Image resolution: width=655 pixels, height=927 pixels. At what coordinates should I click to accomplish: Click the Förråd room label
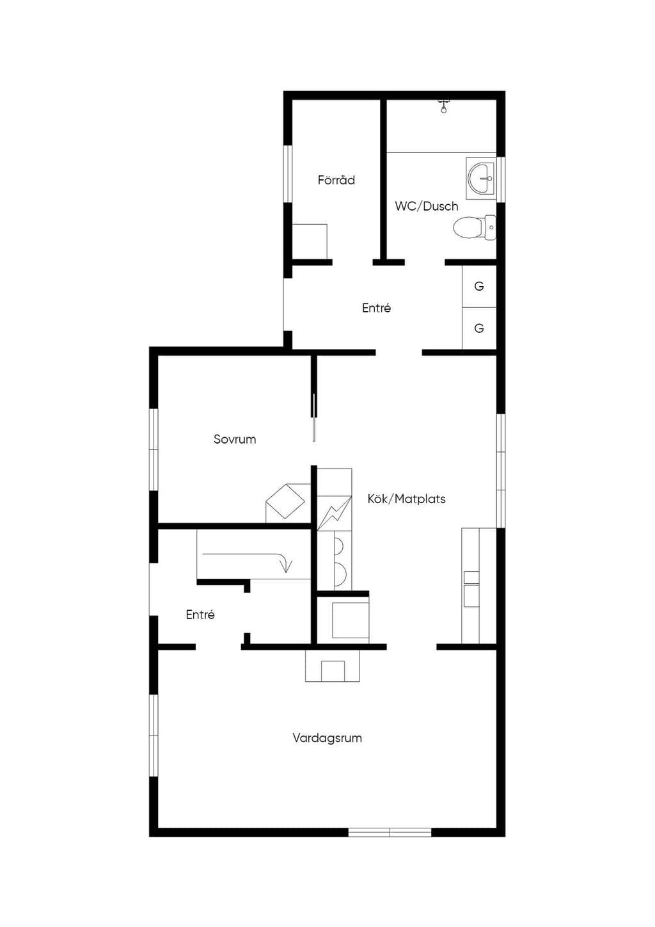click(336, 180)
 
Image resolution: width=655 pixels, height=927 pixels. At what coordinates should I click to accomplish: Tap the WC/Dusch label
click(427, 206)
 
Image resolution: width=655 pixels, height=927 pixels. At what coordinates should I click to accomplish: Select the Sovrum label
click(235, 439)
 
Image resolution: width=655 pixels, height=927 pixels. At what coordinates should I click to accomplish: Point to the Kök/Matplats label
click(406, 499)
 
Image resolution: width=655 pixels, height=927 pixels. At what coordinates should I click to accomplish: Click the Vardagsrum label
click(327, 738)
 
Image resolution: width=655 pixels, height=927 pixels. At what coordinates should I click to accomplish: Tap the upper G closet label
click(479, 286)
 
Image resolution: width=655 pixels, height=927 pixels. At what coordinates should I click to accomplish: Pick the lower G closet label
click(479, 328)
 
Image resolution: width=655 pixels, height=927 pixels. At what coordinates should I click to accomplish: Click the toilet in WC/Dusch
click(474, 227)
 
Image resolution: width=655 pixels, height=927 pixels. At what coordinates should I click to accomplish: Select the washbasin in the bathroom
click(480, 178)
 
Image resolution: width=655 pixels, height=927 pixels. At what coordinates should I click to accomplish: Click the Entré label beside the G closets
click(376, 308)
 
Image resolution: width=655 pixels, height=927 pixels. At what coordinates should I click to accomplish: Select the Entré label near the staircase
click(200, 615)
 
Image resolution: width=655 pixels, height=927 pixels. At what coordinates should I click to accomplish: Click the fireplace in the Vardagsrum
click(333, 666)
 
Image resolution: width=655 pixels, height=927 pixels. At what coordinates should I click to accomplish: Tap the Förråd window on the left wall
click(287, 174)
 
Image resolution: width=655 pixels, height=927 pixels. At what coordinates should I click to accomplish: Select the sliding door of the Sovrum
click(314, 417)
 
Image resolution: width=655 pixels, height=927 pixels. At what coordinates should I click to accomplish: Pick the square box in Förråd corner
click(310, 242)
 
